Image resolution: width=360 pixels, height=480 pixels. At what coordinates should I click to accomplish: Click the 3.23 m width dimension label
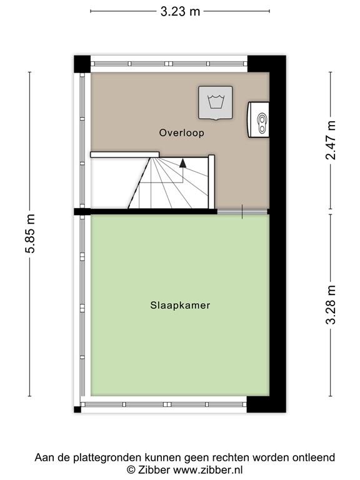coord(181,11)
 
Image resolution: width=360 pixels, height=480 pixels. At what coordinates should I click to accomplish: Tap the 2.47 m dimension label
coord(331,140)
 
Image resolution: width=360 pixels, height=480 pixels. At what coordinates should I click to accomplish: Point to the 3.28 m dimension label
coord(331,304)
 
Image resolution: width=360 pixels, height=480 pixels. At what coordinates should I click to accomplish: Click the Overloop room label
coord(181,133)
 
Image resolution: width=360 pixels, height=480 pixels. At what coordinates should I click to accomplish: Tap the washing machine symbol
coord(216,102)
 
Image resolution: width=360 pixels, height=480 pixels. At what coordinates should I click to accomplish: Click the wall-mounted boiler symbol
coord(260,118)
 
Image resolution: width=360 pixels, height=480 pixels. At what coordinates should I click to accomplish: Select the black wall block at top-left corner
coord(82,63)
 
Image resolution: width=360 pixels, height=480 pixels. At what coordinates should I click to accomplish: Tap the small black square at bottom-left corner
coord(77,409)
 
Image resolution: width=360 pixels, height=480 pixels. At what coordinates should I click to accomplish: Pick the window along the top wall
coord(169,63)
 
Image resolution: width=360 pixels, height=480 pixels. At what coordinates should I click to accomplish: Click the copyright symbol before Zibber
coord(131,469)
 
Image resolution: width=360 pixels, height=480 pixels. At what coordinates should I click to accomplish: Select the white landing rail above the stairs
coord(124,154)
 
